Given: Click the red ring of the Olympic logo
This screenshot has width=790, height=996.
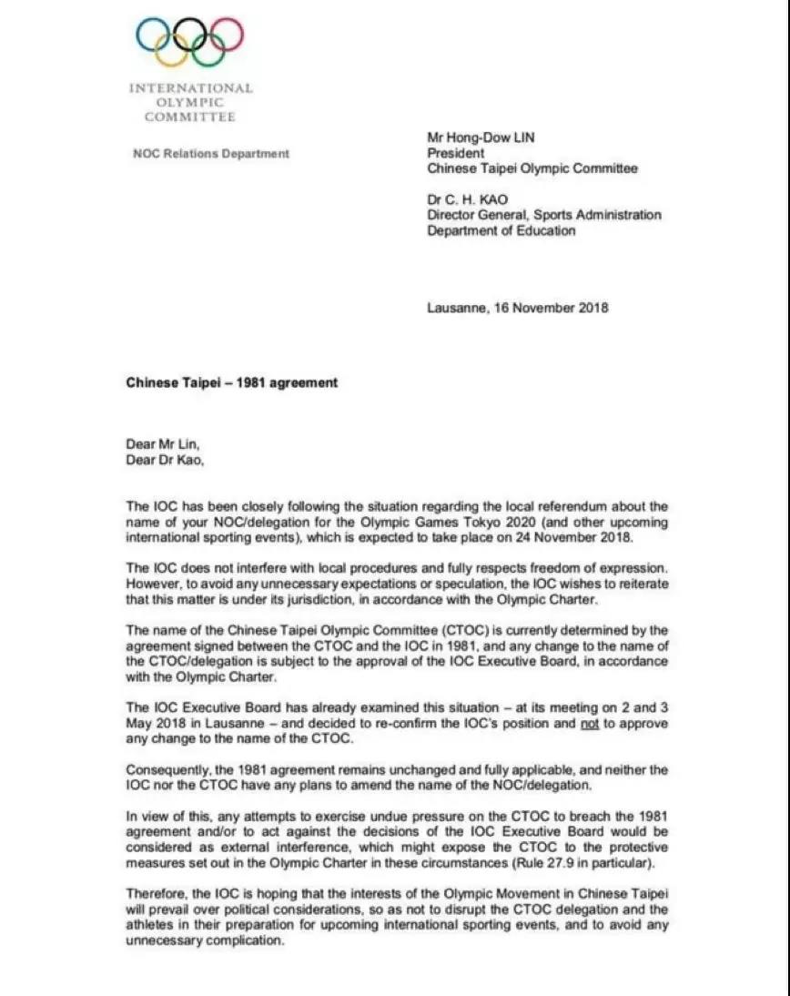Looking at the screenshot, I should pyautogui.click(x=243, y=35).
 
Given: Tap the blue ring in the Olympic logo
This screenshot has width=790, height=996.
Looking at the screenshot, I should pyautogui.click(x=137, y=35).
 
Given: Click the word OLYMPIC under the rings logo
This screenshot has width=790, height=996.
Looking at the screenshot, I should pyautogui.click(x=190, y=103).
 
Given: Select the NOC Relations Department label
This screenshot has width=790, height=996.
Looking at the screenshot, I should pyautogui.click(x=211, y=154).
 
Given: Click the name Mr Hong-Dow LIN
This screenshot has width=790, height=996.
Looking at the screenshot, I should pyautogui.click(x=481, y=138).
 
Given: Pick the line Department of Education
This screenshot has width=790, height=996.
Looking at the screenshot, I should pyautogui.click(x=501, y=231).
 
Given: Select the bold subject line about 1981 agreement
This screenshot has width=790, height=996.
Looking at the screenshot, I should pyautogui.click(x=231, y=382).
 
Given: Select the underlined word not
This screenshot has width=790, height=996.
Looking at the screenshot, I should pyautogui.click(x=591, y=724).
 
